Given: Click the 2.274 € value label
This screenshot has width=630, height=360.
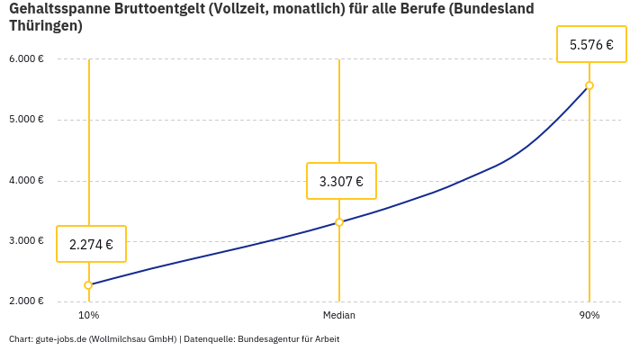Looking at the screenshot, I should [x=91, y=244].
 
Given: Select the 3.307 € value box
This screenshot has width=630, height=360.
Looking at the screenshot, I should [x=341, y=181].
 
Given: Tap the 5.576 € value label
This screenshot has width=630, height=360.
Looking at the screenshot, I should [x=591, y=44].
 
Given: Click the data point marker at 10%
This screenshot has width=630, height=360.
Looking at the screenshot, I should [x=88, y=285].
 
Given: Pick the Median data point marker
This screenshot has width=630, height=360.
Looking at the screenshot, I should [x=339, y=222].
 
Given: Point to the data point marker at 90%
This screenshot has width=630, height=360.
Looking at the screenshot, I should [x=589, y=85].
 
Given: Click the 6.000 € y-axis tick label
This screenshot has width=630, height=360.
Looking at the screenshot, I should [x=26, y=59].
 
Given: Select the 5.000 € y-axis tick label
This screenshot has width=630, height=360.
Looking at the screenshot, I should [x=26, y=120].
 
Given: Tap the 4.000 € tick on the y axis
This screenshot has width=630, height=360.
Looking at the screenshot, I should [x=26, y=180].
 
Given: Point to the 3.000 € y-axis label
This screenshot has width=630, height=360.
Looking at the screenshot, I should [x=26, y=240].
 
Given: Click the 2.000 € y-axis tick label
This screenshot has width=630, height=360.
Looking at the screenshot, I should [x=26, y=301].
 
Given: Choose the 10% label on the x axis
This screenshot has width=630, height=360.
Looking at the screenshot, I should [x=88, y=316].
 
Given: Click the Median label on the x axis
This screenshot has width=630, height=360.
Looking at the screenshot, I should [x=339, y=316].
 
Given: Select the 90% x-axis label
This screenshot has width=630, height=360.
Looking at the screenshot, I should [x=589, y=316].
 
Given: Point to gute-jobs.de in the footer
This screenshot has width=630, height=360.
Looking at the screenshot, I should [x=60, y=339].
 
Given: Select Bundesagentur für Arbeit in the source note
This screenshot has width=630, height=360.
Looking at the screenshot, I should [x=288, y=339].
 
